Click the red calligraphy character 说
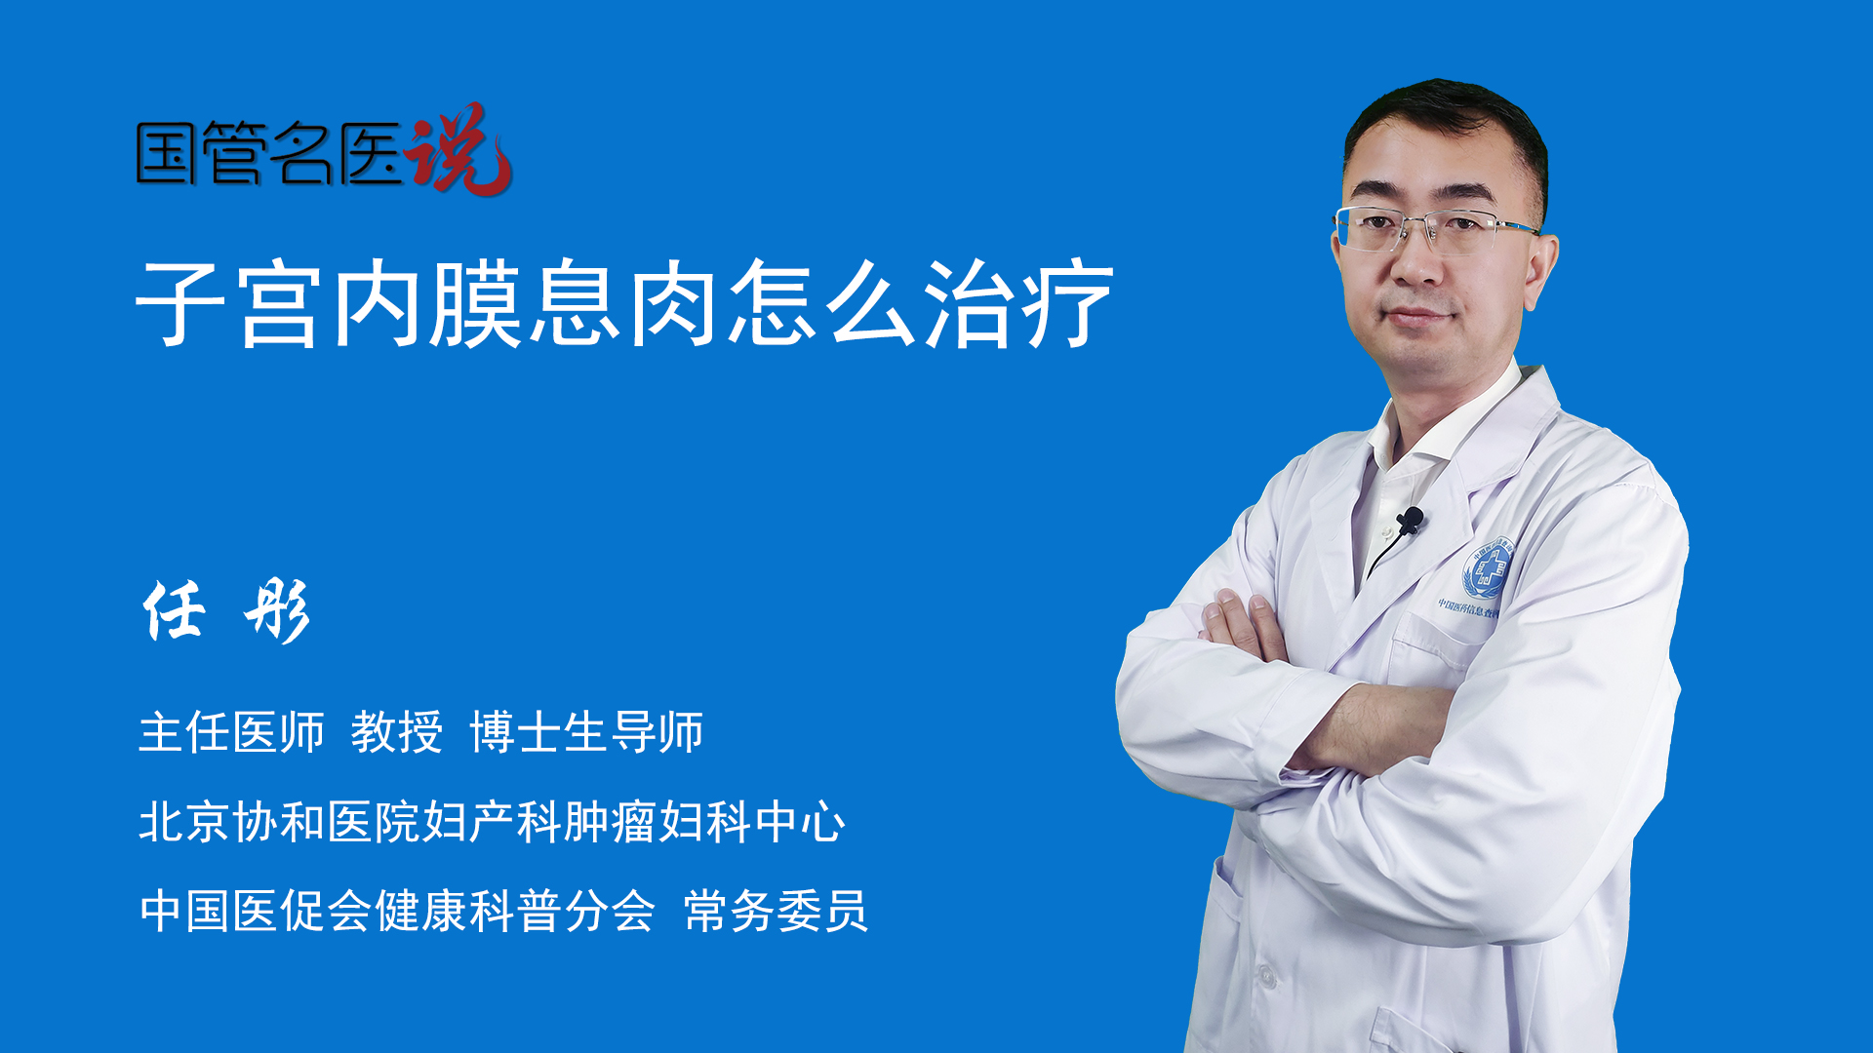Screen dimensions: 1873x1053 458,149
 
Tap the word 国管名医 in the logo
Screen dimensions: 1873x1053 269,154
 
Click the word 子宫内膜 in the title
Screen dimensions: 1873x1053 329,303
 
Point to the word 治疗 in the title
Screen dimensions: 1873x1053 1018,303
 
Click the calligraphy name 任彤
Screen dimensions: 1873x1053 226,610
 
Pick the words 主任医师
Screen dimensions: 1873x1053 231,732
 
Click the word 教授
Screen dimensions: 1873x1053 397,732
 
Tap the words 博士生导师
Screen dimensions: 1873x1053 586,732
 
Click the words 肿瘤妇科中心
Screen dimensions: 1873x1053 704,821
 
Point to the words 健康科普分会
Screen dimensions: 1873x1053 514,911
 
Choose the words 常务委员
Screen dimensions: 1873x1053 776,911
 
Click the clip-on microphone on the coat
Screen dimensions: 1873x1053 1410,521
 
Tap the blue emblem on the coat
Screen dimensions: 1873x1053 1486,568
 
